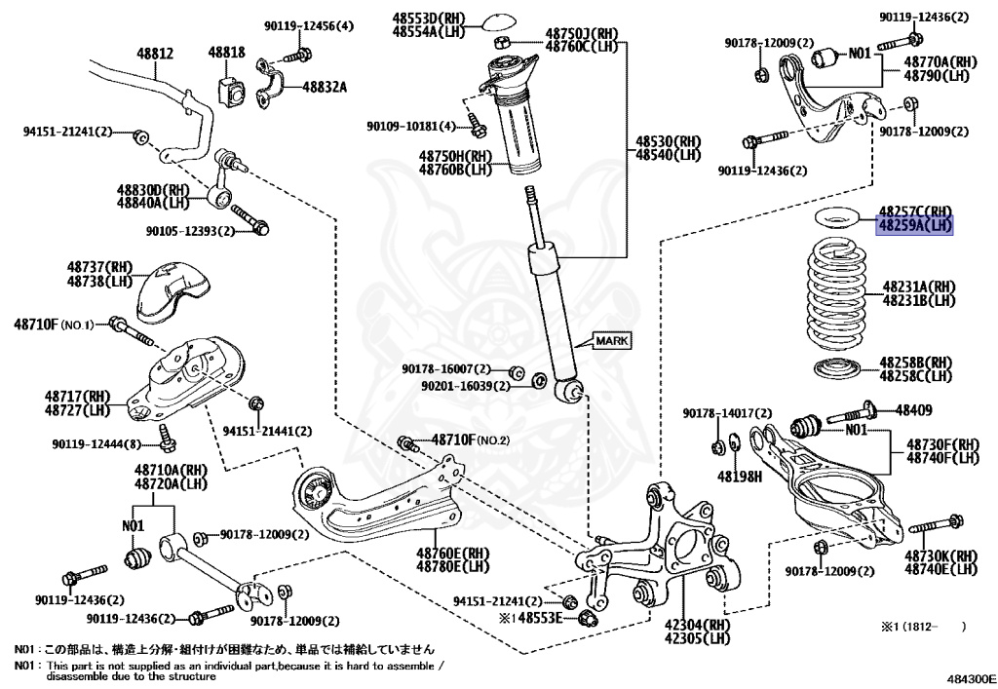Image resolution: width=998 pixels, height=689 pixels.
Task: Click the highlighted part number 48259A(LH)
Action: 915,225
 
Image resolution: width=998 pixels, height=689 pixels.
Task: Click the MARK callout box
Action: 612,340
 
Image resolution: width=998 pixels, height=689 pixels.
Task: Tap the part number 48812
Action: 155,54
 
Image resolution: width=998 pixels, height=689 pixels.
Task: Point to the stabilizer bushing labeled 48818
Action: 231,92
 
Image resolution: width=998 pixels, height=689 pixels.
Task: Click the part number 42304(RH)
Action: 696,625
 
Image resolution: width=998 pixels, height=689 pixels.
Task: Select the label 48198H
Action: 740,476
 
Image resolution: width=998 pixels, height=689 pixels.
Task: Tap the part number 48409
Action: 914,410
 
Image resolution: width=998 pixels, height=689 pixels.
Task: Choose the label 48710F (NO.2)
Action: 471,439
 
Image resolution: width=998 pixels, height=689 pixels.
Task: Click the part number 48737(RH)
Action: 100,267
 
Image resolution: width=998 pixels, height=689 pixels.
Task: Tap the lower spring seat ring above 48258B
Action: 837,369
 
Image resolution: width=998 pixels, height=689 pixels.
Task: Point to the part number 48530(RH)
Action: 669,141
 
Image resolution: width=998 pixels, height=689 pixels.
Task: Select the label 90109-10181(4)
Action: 411,126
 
